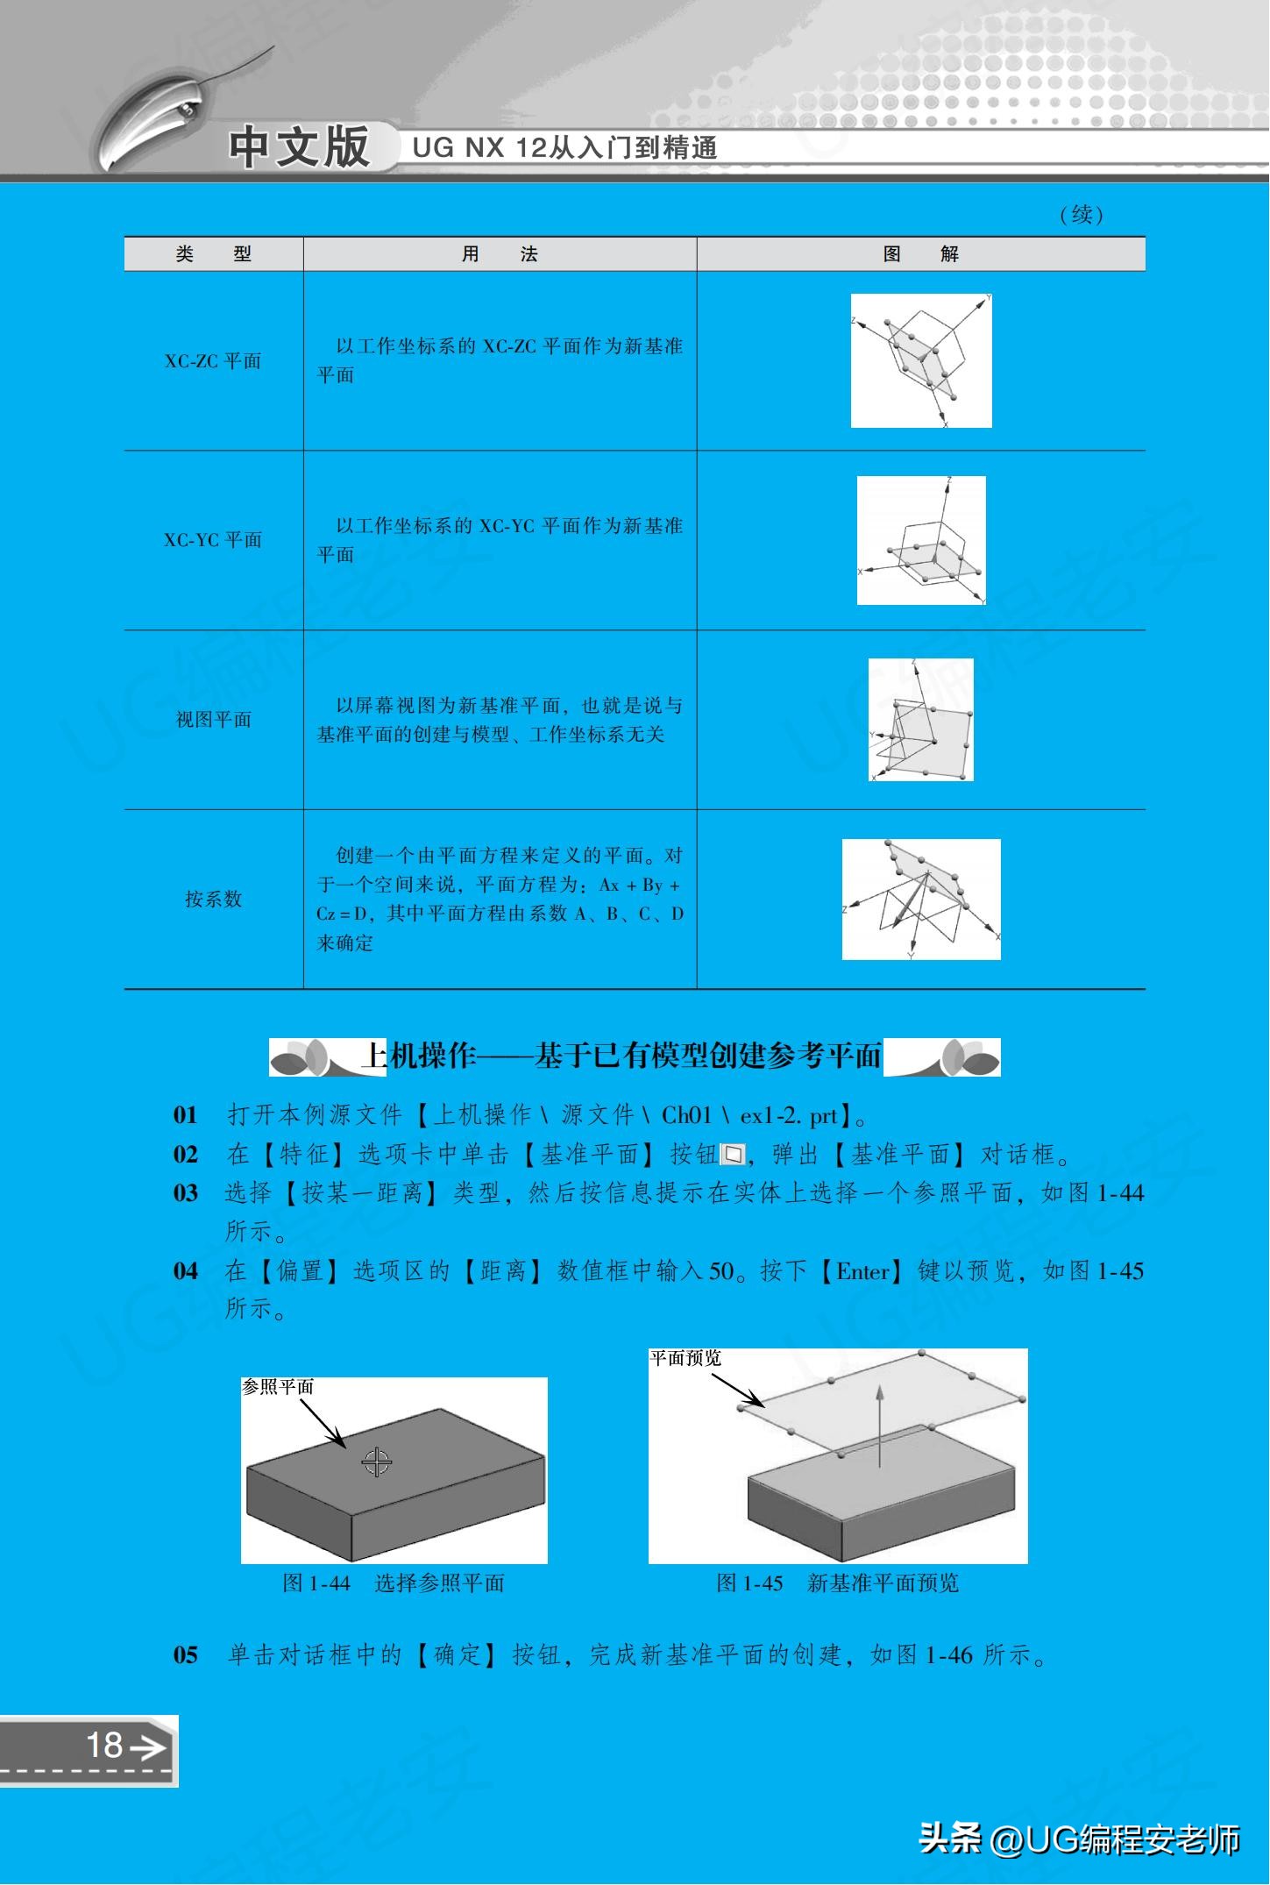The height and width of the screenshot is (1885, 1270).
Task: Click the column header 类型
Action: pos(213,254)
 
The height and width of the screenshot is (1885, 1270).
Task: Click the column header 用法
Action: pos(500,254)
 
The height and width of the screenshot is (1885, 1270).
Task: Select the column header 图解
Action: pos(920,254)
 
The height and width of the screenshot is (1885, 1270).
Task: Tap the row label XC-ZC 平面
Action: pos(213,361)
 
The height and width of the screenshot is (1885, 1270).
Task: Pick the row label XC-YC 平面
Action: pos(213,540)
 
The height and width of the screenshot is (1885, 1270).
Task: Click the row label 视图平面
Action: pos(213,720)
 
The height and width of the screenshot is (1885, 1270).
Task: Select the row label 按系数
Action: pos(213,899)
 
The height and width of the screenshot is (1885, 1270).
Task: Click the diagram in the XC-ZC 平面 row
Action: pos(921,361)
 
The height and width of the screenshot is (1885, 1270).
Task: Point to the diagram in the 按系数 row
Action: pos(921,900)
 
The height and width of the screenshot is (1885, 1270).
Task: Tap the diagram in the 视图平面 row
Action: pos(921,720)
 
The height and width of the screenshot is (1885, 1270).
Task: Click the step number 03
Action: pos(186,1193)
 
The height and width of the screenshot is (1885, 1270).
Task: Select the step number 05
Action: pos(186,1655)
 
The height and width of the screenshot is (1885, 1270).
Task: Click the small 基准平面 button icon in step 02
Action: pos(733,1155)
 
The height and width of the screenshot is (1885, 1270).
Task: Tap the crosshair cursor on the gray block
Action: pos(377,1462)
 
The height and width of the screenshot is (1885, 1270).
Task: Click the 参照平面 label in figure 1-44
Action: pos(278,1387)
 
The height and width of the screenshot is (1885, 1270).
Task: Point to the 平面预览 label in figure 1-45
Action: pos(685,1358)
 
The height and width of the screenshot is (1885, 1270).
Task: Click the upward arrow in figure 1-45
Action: pos(880,1423)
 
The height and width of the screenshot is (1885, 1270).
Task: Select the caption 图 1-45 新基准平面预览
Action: pos(838,1583)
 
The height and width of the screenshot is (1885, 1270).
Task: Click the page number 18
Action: pos(104,1745)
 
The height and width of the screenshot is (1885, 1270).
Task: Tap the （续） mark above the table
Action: pos(1082,215)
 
